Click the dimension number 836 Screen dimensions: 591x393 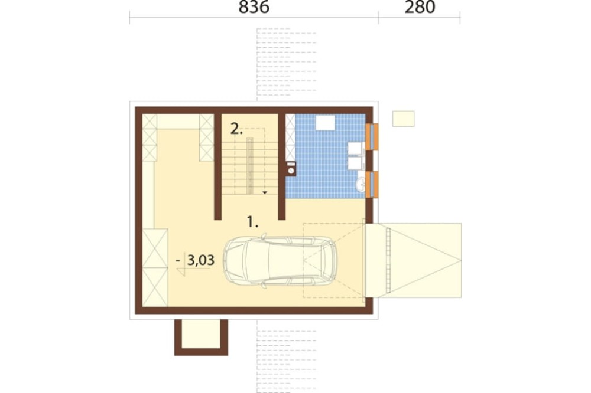254,6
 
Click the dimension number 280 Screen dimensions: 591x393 420,6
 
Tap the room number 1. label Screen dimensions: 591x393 252,222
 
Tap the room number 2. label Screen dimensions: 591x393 236,129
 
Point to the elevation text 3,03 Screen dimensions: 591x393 201,260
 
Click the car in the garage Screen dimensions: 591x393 280,260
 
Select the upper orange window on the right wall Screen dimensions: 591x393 372,137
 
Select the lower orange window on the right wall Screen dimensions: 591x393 372,185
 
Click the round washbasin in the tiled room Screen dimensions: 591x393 361,185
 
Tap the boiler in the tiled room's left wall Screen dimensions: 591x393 291,169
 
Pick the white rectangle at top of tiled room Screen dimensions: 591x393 325,122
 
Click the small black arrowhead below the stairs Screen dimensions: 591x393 265,192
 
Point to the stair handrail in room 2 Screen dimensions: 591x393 249,166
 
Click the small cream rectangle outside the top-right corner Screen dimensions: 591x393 403,119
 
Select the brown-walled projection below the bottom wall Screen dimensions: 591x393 201,338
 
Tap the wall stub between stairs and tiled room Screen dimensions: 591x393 281,166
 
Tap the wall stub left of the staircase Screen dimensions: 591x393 217,166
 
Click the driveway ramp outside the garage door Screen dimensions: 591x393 413,260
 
